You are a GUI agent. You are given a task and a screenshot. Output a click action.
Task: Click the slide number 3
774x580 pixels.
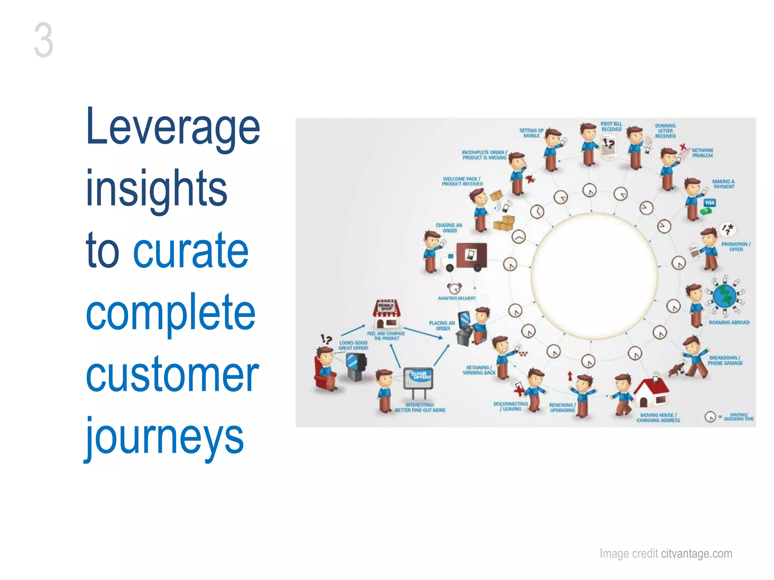tap(43, 40)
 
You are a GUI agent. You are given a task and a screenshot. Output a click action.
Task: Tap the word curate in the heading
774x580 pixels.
tap(191, 251)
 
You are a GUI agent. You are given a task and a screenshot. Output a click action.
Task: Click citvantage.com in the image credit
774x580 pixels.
tap(697, 554)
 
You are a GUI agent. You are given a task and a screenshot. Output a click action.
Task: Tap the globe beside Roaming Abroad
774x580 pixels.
tap(724, 296)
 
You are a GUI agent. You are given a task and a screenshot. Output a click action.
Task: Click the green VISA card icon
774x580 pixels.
tap(709, 203)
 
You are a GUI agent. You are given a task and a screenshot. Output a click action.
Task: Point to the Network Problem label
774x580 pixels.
tap(702, 153)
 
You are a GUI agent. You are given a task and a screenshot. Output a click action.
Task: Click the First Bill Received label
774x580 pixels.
tap(611, 126)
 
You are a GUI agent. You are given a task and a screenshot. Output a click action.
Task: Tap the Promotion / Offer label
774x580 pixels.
tap(735, 247)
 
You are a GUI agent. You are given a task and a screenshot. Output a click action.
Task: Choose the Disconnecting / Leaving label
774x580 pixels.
tap(510, 406)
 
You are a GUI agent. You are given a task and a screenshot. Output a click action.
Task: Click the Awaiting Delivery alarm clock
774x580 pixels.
tap(455, 288)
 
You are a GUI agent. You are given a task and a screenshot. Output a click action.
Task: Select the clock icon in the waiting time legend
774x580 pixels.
tap(710, 417)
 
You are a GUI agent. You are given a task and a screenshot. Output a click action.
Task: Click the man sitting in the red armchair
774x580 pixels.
tap(326, 368)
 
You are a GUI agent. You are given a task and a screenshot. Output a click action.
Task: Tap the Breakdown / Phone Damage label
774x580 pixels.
tap(724, 360)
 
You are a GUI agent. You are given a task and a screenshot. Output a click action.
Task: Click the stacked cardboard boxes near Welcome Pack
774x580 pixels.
tap(504, 223)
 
